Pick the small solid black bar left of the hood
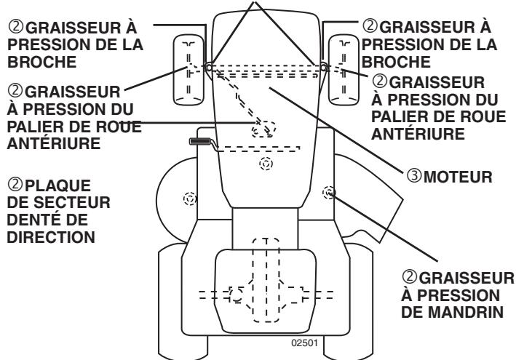tap(200, 141)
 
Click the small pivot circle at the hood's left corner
tap(209, 67)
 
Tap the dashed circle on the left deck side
tap(190, 197)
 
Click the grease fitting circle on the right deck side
tap(328, 192)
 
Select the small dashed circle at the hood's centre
tap(266, 164)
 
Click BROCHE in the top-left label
tap(29, 60)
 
